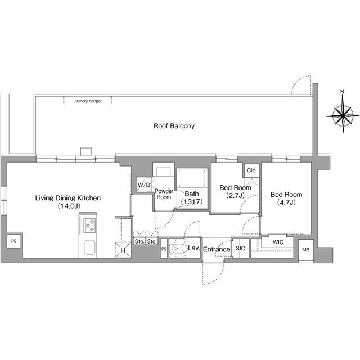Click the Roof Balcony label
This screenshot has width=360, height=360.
click(x=174, y=126)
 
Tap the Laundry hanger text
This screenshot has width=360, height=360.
click(x=88, y=101)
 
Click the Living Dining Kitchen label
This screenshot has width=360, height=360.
click(x=68, y=198)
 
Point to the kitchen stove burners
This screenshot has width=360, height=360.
click(x=89, y=226)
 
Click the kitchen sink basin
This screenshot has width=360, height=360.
click(x=90, y=247)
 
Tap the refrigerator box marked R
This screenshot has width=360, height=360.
click(x=123, y=250)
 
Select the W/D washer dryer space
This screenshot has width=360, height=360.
click(x=144, y=184)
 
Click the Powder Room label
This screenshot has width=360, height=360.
click(x=164, y=194)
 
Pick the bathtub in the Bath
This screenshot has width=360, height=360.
click(x=192, y=178)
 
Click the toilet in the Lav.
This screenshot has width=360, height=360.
click(x=178, y=249)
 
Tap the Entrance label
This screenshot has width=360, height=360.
click(x=217, y=249)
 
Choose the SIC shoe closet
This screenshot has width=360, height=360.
click(x=240, y=249)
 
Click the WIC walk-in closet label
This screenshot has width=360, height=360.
click(x=278, y=242)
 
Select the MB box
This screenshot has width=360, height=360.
click(x=306, y=250)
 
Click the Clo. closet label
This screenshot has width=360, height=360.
click(x=252, y=170)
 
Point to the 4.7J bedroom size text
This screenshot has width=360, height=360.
click(x=286, y=202)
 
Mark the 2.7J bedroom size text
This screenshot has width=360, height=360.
click(x=235, y=195)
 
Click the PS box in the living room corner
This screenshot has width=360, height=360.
click(x=13, y=241)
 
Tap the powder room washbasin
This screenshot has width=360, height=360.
click(x=164, y=172)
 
